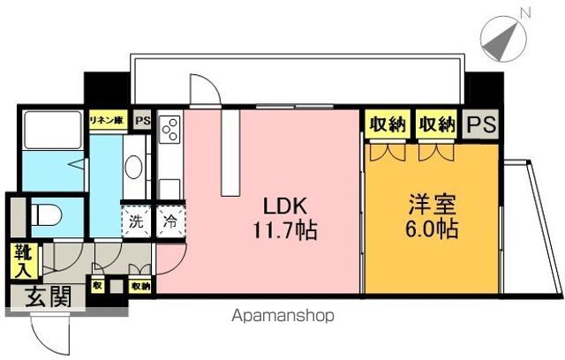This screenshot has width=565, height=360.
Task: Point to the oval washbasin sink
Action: [134, 168]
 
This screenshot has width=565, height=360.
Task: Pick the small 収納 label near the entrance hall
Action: [140, 286]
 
